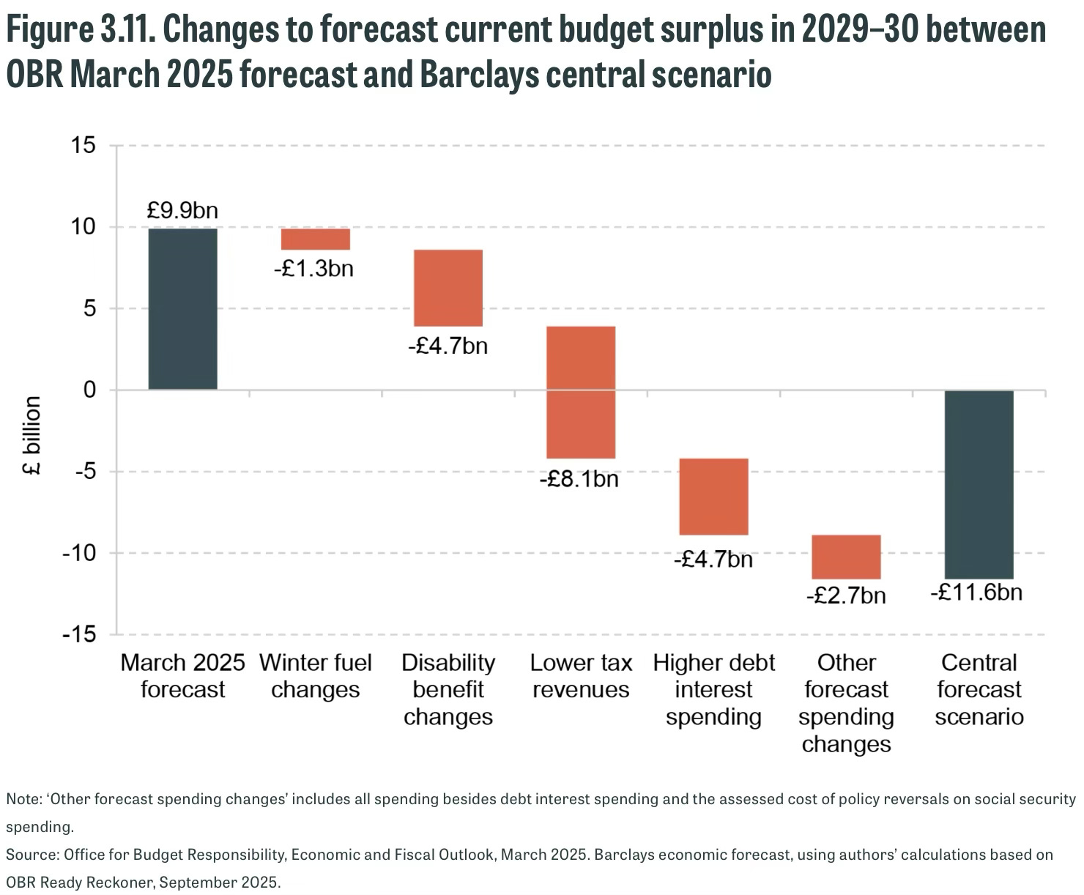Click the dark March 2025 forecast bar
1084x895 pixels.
tap(182, 308)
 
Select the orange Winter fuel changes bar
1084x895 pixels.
tap(316, 239)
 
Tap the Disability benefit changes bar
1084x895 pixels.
tap(448, 288)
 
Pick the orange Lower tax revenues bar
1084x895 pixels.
tap(581, 392)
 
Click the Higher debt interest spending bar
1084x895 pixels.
tap(713, 497)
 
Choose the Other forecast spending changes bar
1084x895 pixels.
tap(846, 557)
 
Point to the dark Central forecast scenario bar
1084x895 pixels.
tap(979, 484)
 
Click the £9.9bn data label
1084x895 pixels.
tap(182, 211)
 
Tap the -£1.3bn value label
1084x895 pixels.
tap(314, 269)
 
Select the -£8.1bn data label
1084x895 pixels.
tap(579, 479)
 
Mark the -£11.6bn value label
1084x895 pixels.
tap(976, 592)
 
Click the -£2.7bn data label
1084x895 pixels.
tap(846, 595)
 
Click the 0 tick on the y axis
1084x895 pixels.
tap(89, 390)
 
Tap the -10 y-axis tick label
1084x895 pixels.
tap(79, 553)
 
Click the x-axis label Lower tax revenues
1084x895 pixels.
tap(581, 676)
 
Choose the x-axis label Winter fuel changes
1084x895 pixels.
tap(316, 676)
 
